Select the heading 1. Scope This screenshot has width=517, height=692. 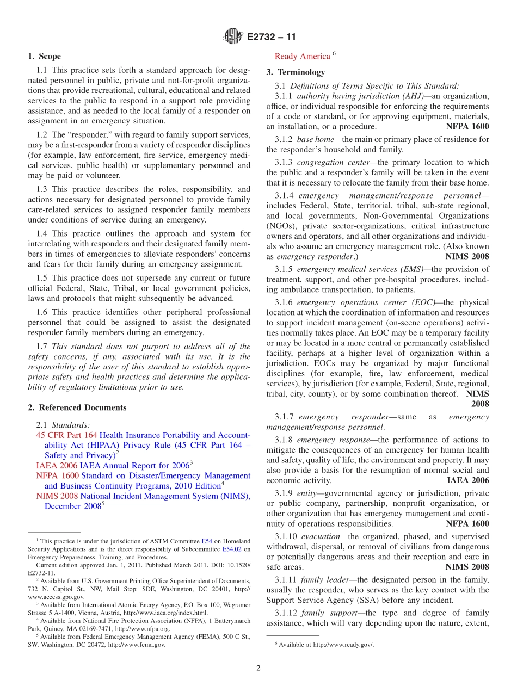pyautogui.click(x=44, y=57)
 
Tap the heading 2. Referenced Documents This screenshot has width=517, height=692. pyautogui.click(x=77, y=408)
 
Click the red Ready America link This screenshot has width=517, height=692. pyautogui.click(x=302, y=57)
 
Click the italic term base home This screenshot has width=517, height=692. pyautogui.click(x=312, y=139)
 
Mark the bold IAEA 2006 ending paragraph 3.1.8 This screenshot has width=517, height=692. pyautogui.click(x=467, y=480)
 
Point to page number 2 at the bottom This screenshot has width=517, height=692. pyautogui.click(x=258, y=669)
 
